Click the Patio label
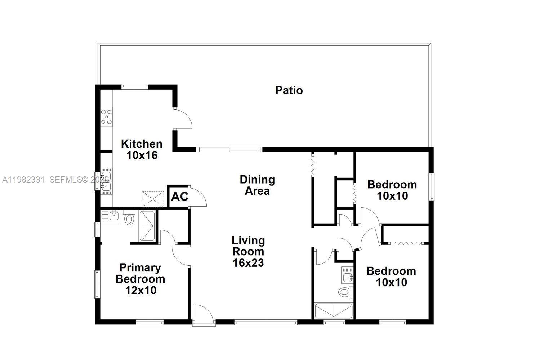[289, 90]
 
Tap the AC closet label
[179, 197]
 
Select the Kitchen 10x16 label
[142, 149]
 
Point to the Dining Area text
[257, 185]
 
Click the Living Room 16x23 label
[248, 251]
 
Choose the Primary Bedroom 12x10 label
[140, 279]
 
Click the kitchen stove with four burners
[106, 117]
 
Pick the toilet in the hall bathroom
[345, 292]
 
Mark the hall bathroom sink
[347, 277]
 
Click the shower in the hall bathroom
[334, 311]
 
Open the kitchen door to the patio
[183, 119]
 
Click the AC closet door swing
[197, 197]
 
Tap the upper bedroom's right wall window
[431, 186]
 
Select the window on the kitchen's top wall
[134, 86]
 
